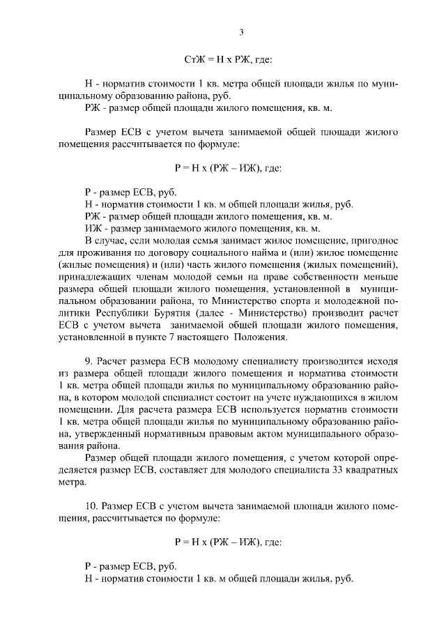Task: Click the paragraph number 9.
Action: pyautogui.click(x=88, y=363)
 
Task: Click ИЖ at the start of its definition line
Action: pyautogui.click(x=91, y=228)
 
